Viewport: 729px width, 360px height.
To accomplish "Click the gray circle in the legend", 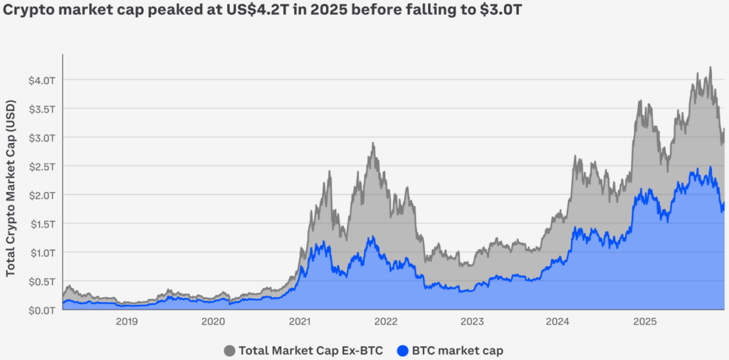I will point(229,350).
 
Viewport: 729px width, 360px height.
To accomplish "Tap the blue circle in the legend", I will point(403,350).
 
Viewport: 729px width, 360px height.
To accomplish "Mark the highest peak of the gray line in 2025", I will point(710,68).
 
